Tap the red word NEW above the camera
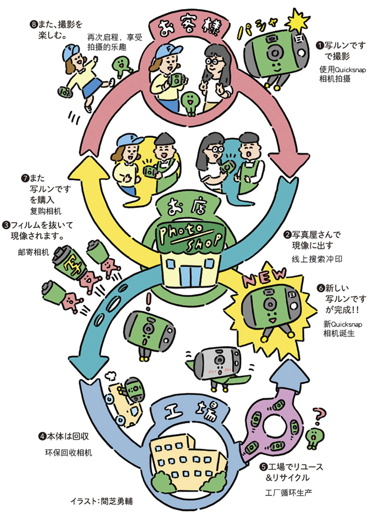[265, 277]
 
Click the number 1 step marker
[319, 46]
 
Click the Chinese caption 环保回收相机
[68, 452]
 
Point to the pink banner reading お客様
[188, 27]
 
